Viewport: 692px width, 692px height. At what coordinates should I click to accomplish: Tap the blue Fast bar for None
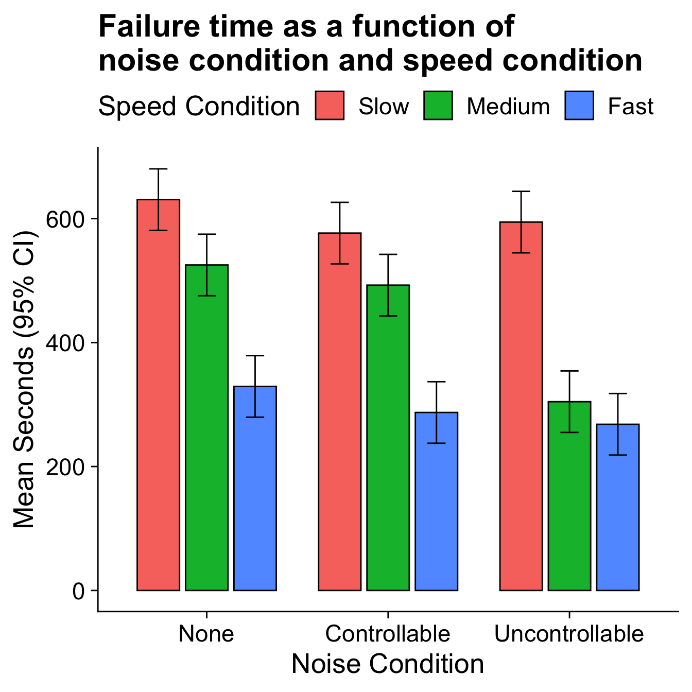point(255,489)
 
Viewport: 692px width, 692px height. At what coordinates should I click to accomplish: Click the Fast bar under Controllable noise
point(436,502)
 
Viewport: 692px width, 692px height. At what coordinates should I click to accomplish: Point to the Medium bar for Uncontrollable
point(569,497)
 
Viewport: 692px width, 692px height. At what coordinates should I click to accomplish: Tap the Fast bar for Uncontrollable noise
point(617,507)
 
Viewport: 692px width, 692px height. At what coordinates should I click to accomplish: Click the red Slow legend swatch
point(330,106)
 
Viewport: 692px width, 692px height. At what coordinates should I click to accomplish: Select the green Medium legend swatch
point(438,106)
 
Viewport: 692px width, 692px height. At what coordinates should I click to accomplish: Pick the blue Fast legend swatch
point(579,106)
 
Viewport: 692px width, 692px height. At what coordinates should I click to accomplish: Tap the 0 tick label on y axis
point(78,591)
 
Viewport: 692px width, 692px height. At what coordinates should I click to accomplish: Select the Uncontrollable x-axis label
point(569,634)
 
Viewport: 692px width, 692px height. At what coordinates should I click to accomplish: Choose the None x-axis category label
point(206,634)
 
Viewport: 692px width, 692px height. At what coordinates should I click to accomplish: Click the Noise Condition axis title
point(388,664)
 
